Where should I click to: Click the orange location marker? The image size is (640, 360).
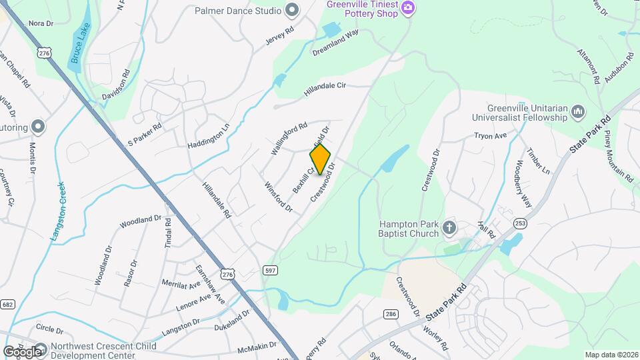click(320, 159)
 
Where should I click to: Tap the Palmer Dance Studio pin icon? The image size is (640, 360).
click(291, 10)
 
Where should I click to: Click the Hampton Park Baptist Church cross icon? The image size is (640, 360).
click(449, 229)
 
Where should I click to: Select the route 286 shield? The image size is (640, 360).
click(391, 313)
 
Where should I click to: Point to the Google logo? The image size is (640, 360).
click(22, 351)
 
